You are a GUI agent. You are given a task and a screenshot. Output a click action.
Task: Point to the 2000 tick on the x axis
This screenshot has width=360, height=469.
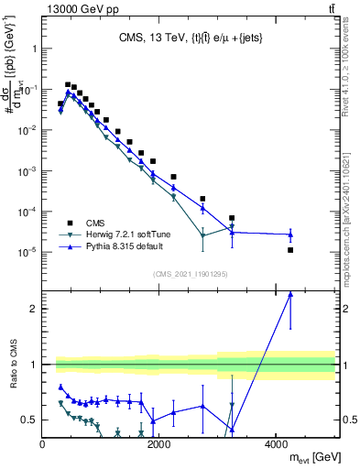pyautogui.click(x=159, y=445)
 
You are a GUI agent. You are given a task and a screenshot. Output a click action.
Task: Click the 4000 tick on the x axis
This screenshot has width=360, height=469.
pyautogui.click(x=276, y=445)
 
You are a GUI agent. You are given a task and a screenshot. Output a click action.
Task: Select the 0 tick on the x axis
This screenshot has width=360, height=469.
pyautogui.click(x=43, y=445)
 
